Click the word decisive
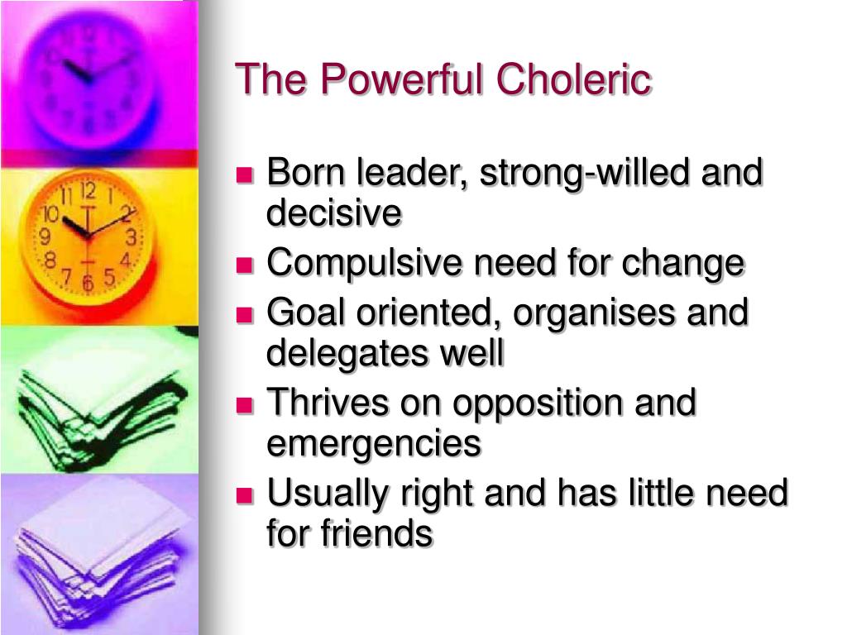333,213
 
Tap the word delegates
342,354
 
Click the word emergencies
373,444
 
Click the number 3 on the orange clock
131,238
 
